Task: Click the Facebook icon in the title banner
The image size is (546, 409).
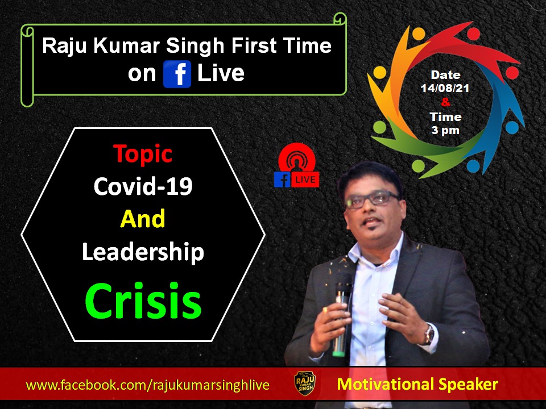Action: coord(177,74)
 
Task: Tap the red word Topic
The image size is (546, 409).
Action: coord(143,153)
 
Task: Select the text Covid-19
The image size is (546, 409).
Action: coord(143,186)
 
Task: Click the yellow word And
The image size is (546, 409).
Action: coord(143,218)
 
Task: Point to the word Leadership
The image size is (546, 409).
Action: coord(143,252)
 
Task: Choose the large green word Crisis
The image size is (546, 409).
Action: coord(143,300)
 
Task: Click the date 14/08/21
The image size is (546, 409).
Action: coord(445,88)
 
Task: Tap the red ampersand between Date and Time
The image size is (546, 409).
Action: coord(445,102)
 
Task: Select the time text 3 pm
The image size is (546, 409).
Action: coord(445,131)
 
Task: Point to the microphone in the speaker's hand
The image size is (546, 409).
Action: coord(341,320)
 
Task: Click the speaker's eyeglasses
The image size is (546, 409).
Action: coord(371,199)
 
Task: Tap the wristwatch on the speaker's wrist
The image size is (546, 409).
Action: coord(429,335)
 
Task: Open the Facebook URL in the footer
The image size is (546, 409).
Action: coord(148,385)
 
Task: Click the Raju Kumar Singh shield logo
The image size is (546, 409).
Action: coord(305,383)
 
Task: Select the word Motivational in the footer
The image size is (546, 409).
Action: coord(386,385)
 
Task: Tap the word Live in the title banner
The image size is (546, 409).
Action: coord(221,73)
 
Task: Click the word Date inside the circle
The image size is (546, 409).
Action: coord(445,75)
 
